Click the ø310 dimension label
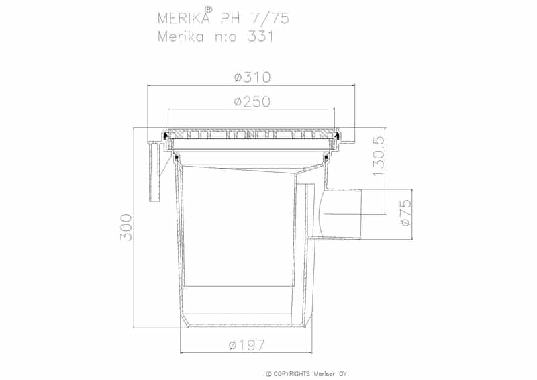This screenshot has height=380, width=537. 252,78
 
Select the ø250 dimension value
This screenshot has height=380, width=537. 252,102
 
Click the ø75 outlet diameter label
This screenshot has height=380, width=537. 405,212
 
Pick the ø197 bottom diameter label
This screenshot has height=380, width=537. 247,345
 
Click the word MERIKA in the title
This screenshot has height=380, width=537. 180,18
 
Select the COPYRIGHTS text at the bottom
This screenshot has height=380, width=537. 291,374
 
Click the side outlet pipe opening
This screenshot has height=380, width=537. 342,213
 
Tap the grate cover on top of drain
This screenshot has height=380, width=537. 252,134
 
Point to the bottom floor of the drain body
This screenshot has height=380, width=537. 247,327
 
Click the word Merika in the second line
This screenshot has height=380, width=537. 178,36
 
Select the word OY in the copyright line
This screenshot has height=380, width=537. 342,374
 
